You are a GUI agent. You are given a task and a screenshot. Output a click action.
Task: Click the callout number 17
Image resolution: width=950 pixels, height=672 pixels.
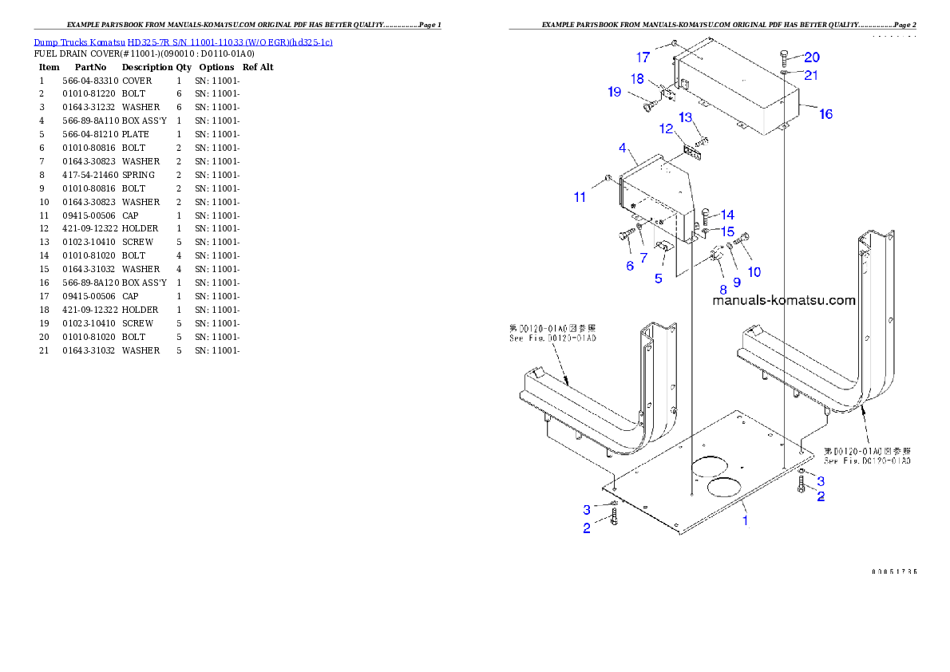click(x=643, y=57)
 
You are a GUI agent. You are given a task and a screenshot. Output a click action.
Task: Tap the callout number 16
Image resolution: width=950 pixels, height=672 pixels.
click(x=825, y=114)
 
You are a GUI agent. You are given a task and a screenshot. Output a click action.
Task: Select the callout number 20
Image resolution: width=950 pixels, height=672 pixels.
click(x=811, y=57)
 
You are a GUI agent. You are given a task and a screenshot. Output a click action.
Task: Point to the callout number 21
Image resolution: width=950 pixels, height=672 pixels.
click(x=811, y=75)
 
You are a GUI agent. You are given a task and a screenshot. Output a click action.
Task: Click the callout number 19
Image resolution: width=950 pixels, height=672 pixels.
click(x=614, y=92)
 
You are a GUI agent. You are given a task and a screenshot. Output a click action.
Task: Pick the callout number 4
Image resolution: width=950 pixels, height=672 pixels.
click(x=623, y=148)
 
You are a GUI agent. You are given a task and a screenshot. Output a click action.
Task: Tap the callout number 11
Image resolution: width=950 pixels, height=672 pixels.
click(x=580, y=196)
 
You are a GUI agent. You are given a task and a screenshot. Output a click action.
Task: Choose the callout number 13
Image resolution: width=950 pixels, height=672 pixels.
click(x=686, y=117)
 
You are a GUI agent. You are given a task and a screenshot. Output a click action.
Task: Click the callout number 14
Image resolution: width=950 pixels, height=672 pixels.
click(x=727, y=215)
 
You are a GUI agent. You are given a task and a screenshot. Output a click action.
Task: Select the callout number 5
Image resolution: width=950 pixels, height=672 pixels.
click(x=659, y=279)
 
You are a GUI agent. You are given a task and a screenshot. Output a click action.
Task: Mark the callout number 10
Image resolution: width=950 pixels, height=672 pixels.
click(x=754, y=272)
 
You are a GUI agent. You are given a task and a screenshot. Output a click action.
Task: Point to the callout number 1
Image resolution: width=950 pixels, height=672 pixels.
click(x=746, y=520)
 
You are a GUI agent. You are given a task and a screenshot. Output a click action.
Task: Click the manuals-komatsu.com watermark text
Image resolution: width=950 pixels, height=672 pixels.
click(x=783, y=301)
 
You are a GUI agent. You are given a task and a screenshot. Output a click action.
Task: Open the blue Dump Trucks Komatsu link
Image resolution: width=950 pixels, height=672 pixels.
click(x=183, y=42)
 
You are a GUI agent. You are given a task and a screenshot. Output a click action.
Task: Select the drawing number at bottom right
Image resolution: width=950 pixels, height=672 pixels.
click(x=893, y=571)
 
